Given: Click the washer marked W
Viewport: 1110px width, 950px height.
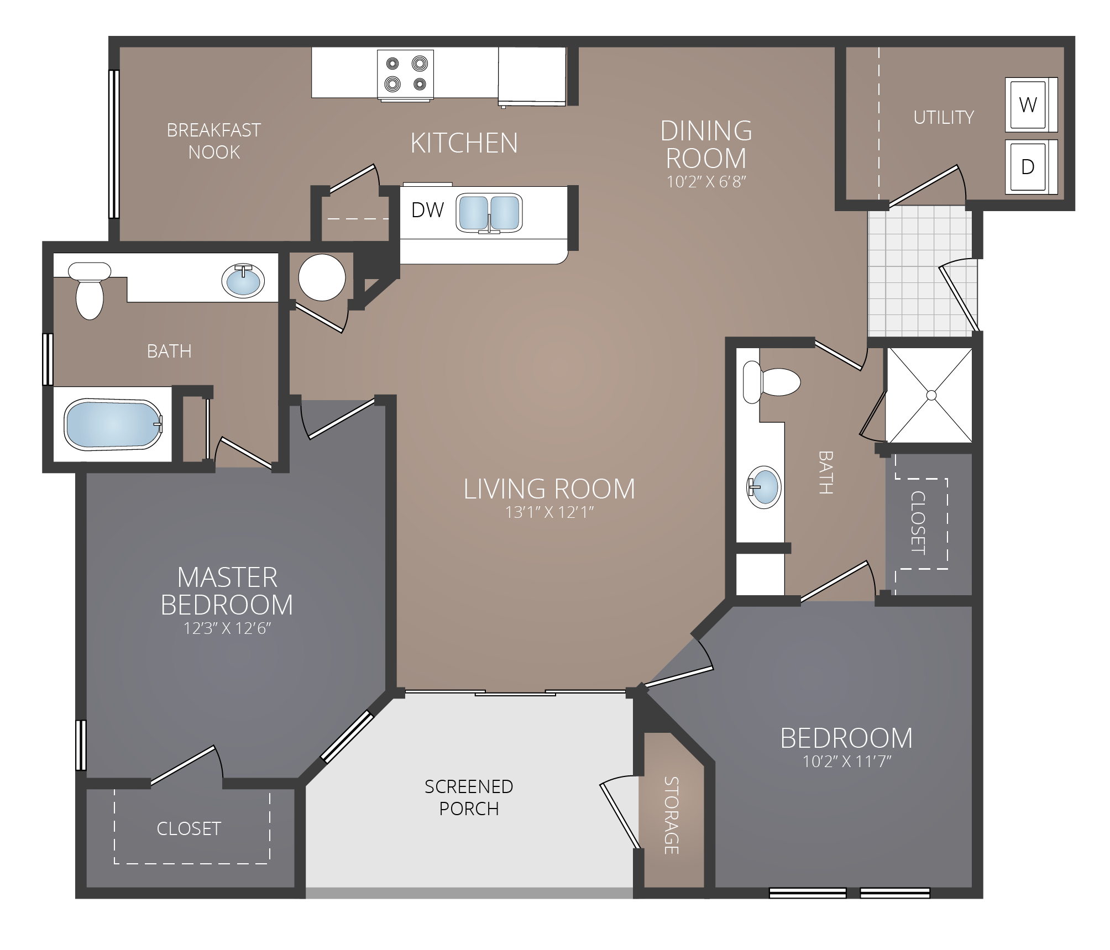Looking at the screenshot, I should click(x=1029, y=105).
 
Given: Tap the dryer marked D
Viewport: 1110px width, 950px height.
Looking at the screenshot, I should click(x=1029, y=167).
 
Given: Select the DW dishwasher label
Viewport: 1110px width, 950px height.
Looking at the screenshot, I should click(x=428, y=210).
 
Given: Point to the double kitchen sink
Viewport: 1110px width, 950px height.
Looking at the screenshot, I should click(x=489, y=213).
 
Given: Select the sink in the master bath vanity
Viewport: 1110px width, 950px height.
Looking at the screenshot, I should click(x=243, y=280).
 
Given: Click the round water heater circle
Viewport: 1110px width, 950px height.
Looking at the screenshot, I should click(x=322, y=277).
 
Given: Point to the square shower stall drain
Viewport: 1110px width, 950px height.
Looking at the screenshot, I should click(x=931, y=395).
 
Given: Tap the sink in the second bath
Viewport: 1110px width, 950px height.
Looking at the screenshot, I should click(x=764, y=487).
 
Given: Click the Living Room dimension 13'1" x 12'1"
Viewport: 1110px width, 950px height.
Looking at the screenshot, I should click(x=549, y=512).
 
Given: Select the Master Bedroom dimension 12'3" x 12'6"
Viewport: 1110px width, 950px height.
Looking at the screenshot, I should click(x=227, y=628).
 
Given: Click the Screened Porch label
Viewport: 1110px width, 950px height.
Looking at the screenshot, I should click(x=469, y=797).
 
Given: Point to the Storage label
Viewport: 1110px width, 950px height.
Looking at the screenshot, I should click(x=671, y=815).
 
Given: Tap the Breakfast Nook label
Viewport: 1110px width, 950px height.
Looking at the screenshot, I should click(x=214, y=141).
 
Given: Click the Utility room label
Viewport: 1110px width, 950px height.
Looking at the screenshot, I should click(x=944, y=117).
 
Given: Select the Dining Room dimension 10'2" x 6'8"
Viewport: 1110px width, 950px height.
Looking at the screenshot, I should click(x=706, y=182).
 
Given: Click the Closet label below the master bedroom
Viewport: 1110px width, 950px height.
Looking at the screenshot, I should click(x=189, y=828).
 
